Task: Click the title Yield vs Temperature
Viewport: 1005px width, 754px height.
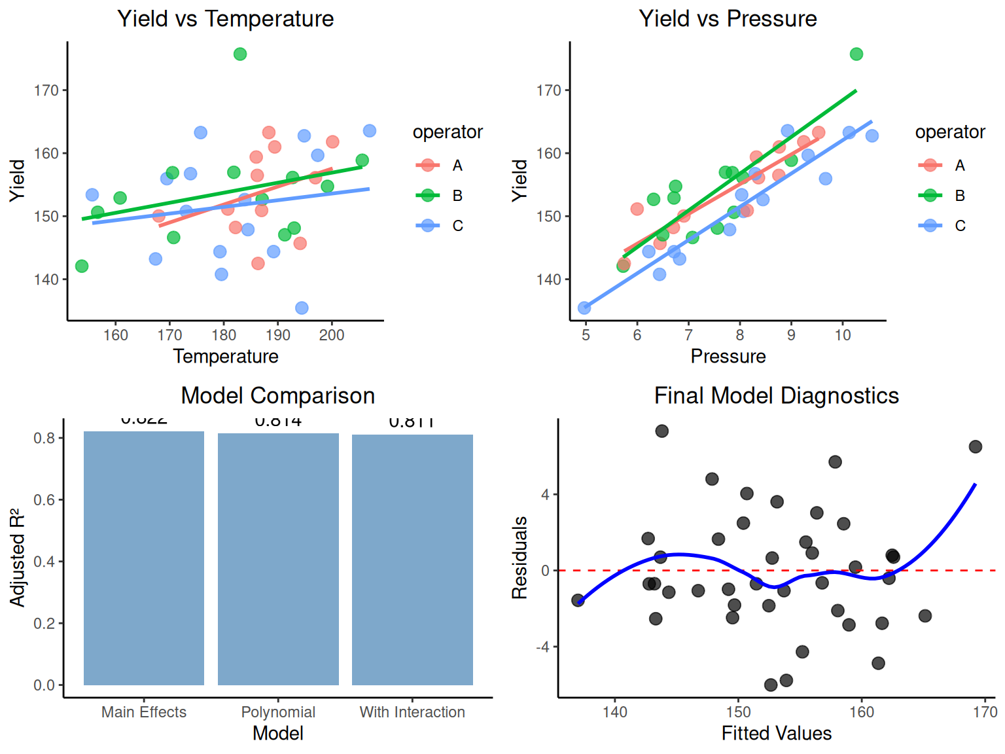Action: [x=225, y=19]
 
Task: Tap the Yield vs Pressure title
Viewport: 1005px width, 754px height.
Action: [x=728, y=19]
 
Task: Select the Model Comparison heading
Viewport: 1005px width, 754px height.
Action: [x=277, y=396]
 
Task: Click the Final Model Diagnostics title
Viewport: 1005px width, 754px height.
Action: [x=776, y=396]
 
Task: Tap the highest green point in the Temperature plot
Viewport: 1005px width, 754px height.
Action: [x=240, y=54]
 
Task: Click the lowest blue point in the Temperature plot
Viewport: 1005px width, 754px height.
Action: [x=302, y=308]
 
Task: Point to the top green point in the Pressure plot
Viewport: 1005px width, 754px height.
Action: [x=856, y=54]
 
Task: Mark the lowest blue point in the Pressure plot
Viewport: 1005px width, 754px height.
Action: [x=584, y=308]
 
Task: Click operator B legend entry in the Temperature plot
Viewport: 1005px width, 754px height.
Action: [x=457, y=196]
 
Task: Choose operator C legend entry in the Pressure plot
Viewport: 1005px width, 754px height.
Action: [x=959, y=226]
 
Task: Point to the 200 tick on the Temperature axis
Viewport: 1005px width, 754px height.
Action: [x=332, y=335]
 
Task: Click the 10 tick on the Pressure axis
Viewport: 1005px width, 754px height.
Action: [x=843, y=335]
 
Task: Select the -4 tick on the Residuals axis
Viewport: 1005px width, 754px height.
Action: [x=543, y=647]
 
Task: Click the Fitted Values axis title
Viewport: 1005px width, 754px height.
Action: [x=776, y=733]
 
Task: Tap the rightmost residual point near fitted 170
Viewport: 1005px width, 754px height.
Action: [x=976, y=446]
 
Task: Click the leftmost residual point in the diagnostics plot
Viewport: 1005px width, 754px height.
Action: [x=578, y=600]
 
